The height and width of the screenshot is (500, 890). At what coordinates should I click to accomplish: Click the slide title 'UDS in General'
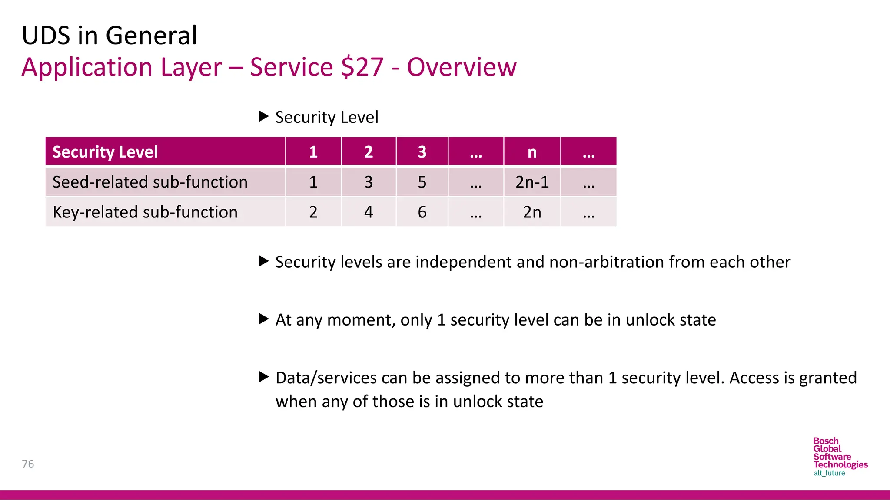pyautogui.click(x=110, y=36)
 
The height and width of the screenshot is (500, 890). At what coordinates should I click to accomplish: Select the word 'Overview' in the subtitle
pyautogui.click(x=462, y=67)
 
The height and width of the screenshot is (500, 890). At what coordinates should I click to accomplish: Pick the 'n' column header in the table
pyautogui.click(x=532, y=152)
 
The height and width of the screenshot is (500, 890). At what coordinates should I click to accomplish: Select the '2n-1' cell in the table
pyautogui.click(x=532, y=182)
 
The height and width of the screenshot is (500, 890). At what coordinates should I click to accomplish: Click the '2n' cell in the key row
pyautogui.click(x=532, y=212)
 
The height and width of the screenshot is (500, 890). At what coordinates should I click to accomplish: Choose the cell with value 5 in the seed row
pyautogui.click(x=422, y=182)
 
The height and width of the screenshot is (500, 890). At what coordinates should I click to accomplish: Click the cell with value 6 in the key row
pyautogui.click(x=422, y=212)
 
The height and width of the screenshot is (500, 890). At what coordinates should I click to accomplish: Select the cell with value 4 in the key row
pyautogui.click(x=369, y=212)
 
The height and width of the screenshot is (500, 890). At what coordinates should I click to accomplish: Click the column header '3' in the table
pyautogui.click(x=422, y=152)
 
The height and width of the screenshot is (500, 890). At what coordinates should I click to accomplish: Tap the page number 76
pyautogui.click(x=28, y=464)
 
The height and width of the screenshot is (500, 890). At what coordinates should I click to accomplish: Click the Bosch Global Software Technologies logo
pyautogui.click(x=840, y=457)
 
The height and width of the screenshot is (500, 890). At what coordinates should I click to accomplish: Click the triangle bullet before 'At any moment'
pyautogui.click(x=263, y=319)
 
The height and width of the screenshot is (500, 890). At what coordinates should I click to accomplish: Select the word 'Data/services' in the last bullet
pyautogui.click(x=326, y=378)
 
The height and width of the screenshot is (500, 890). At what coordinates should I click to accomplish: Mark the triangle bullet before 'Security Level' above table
pyautogui.click(x=263, y=116)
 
